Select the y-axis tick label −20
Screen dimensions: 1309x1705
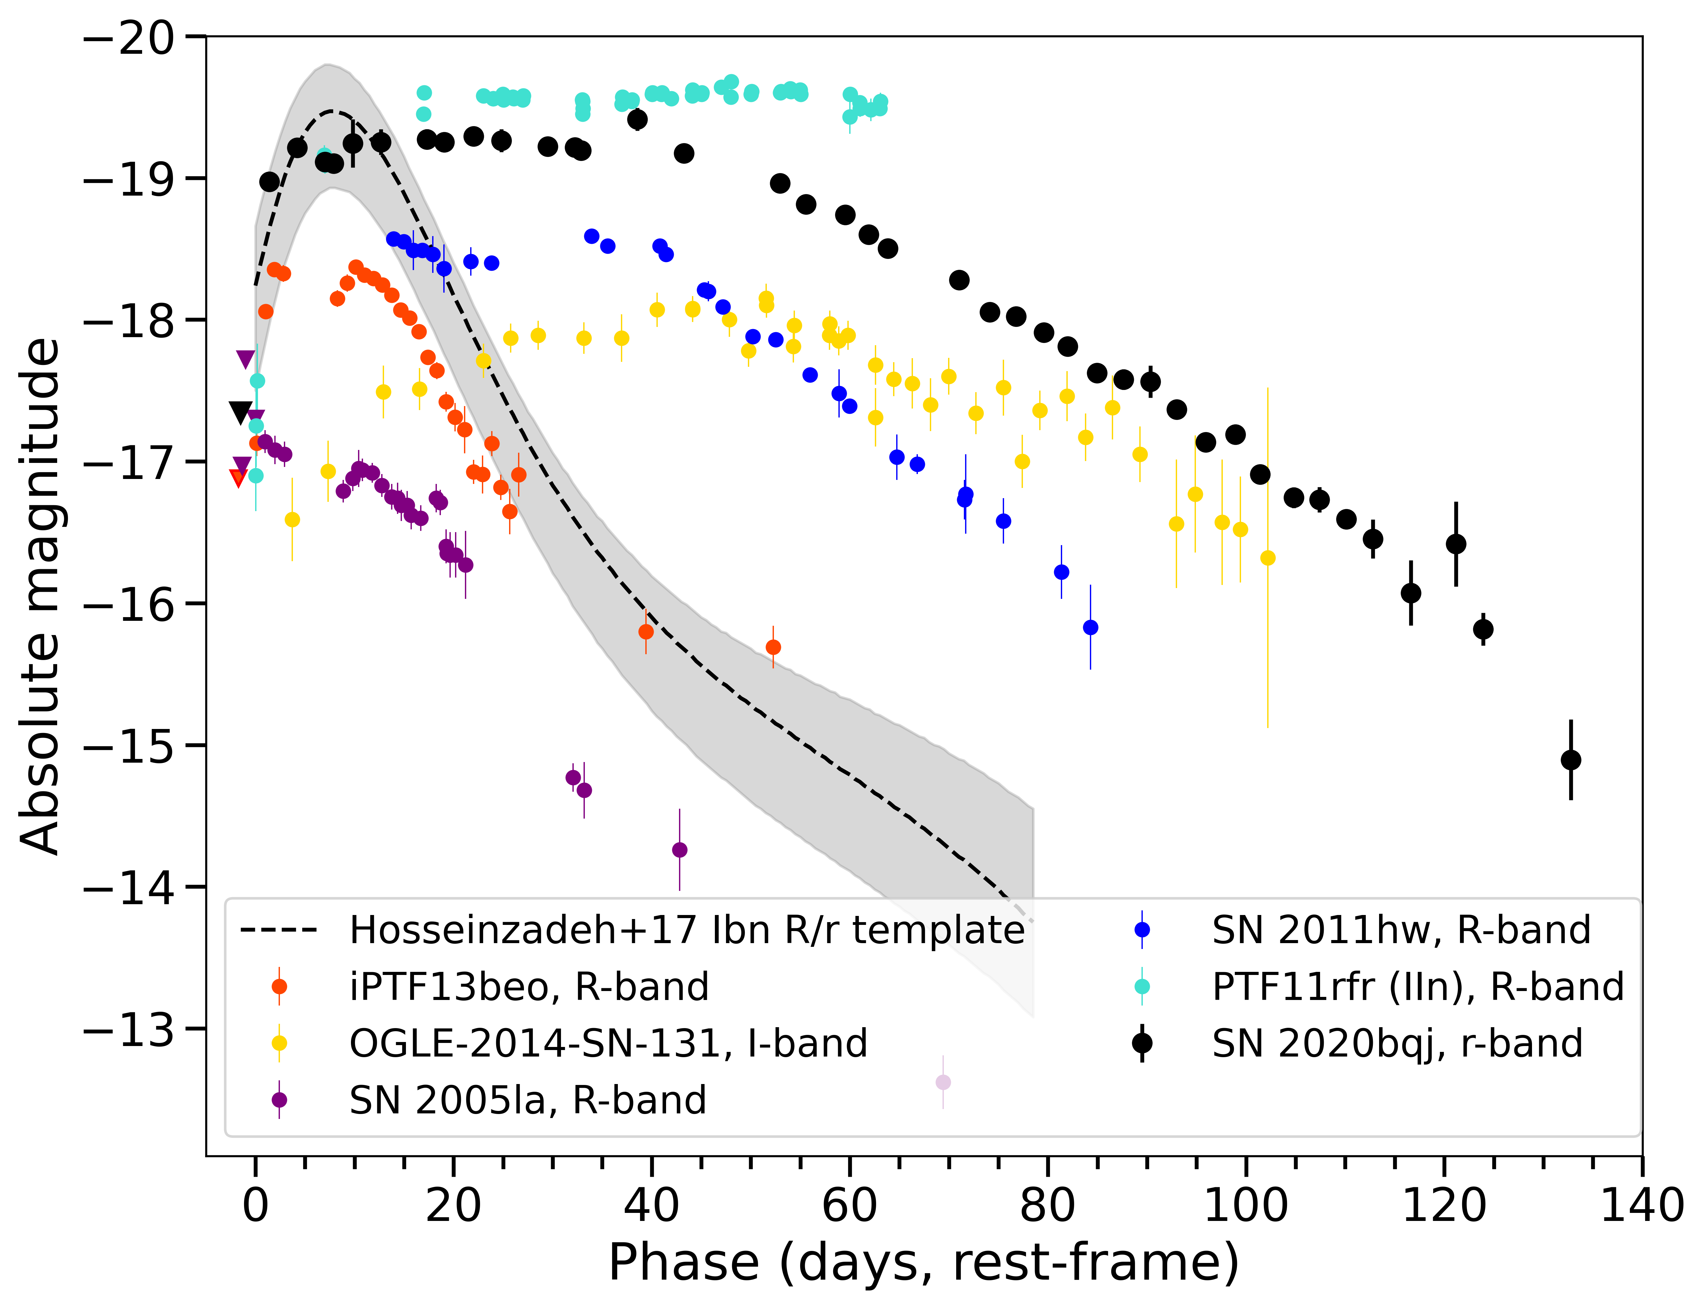pyautogui.click(x=129, y=37)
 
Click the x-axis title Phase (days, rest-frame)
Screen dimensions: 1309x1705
pyautogui.click(x=923, y=1262)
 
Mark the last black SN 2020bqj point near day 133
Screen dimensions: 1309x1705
pyautogui.click(x=1570, y=760)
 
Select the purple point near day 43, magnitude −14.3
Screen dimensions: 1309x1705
pyautogui.click(x=679, y=849)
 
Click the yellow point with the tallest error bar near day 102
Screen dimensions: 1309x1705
pyautogui.click(x=1267, y=558)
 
